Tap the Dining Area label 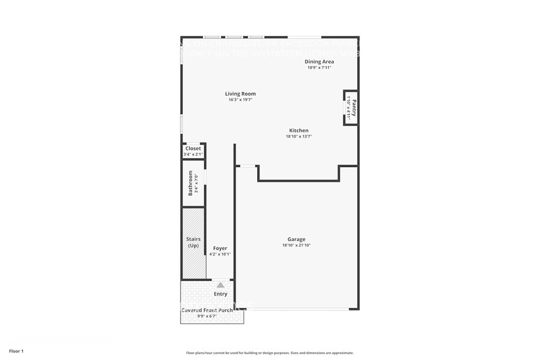point(320,62)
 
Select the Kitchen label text point(299,130)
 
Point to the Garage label point(296,239)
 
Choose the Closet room point(193,151)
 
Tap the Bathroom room point(193,184)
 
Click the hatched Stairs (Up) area point(193,242)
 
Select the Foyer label point(220,248)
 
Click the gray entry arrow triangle point(220,285)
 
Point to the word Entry point(220,294)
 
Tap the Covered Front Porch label point(207,310)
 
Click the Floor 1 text point(17,351)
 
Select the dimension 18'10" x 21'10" point(296,246)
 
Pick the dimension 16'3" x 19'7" point(241,100)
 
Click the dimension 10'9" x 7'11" point(320,67)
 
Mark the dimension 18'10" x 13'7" point(299,137)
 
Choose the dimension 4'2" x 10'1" point(220,254)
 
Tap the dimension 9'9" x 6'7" point(207,317)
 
